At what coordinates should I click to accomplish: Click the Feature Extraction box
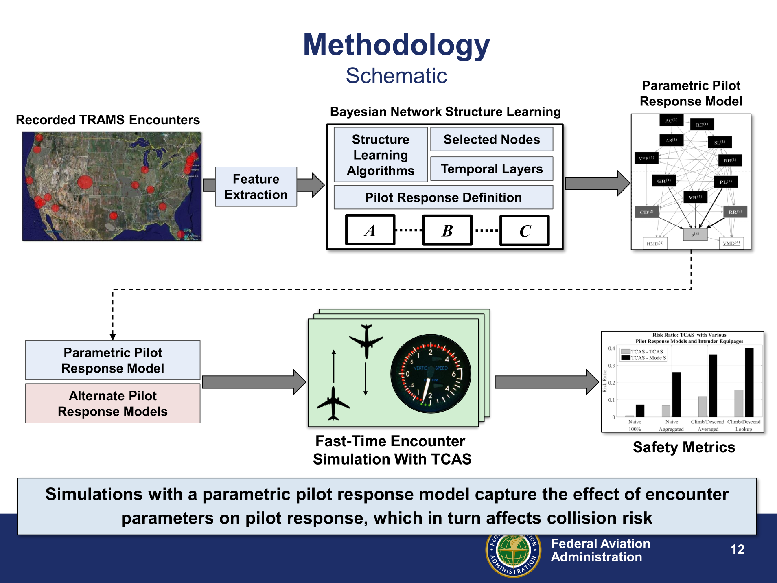pyautogui.click(x=256, y=186)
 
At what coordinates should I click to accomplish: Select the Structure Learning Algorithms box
pyautogui.click(x=381, y=155)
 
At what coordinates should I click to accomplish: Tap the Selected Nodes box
pyautogui.click(x=491, y=139)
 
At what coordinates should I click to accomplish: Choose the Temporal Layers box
pyautogui.click(x=491, y=169)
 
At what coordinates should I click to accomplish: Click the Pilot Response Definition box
pyautogui.click(x=443, y=197)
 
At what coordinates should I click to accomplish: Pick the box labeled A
pyautogui.click(x=370, y=230)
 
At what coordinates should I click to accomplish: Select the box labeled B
pyautogui.click(x=447, y=230)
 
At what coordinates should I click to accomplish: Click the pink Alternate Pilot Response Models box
pyautogui.click(x=113, y=403)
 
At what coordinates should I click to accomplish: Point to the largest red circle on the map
pyautogui.click(x=85, y=182)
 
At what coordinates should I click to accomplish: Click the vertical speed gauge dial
pyautogui.click(x=431, y=374)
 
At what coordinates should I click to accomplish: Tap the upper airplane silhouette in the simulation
pyautogui.click(x=366, y=341)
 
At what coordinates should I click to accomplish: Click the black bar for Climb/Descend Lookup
pyautogui.click(x=749, y=382)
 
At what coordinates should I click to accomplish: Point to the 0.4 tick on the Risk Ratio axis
pyautogui.click(x=612, y=348)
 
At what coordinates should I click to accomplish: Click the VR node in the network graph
pyautogui.click(x=695, y=197)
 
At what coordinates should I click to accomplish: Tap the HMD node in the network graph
pyautogui.click(x=655, y=243)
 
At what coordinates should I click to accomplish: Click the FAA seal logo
pyautogui.click(x=513, y=555)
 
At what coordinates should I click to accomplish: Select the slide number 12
pyautogui.click(x=737, y=549)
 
